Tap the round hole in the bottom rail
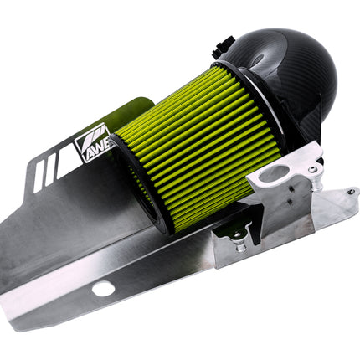[x=104, y=288]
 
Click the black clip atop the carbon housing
[x=222, y=47]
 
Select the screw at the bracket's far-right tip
[x=352, y=192]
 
